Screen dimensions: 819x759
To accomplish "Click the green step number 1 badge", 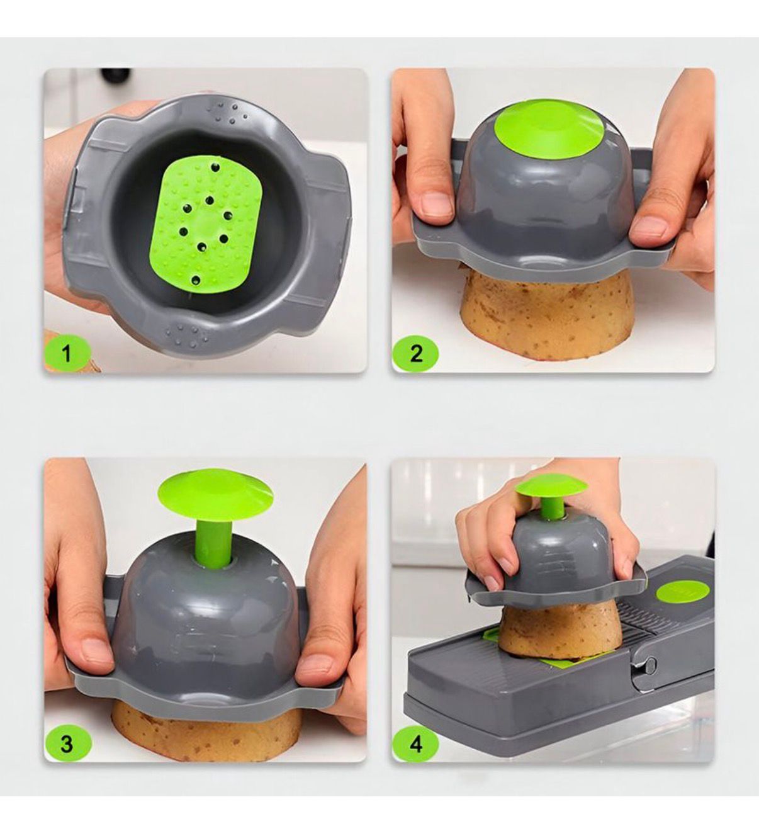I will [x=67, y=353].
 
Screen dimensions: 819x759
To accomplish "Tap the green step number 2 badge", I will [x=416, y=353].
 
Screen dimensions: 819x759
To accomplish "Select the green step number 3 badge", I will [x=67, y=743].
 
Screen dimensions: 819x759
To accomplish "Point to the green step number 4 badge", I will [x=416, y=743].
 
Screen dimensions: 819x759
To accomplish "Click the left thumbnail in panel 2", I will [x=436, y=204].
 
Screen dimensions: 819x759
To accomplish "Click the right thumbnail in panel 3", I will [x=317, y=665].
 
